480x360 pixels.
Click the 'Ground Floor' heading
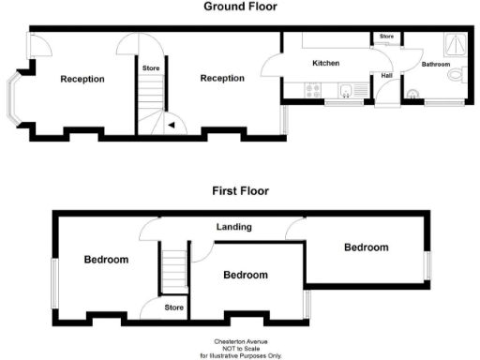pyautogui.click(x=240, y=7)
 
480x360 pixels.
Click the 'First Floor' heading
pyautogui.click(x=240, y=190)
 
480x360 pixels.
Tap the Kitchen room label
pyautogui.click(x=325, y=64)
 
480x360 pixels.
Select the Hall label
pyautogui.click(x=386, y=75)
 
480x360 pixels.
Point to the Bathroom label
pyautogui.click(x=435, y=65)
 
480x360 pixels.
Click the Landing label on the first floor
pyautogui.click(x=232, y=228)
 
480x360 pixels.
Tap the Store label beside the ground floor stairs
pyautogui.click(x=150, y=68)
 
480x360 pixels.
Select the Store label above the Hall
pyautogui.click(x=386, y=37)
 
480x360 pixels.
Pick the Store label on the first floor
pyautogui.click(x=173, y=307)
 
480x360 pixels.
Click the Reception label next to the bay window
pyautogui.click(x=82, y=79)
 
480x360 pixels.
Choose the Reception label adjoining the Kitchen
pyautogui.click(x=222, y=78)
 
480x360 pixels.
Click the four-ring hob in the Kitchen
pyautogui.click(x=312, y=91)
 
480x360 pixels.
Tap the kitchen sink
pyautogui.click(x=344, y=91)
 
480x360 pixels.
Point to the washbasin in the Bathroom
pyautogui.click(x=414, y=92)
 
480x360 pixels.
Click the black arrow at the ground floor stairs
pyautogui.click(x=170, y=123)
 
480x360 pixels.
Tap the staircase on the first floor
pyautogui.click(x=173, y=267)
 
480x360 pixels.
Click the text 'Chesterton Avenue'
pyautogui.click(x=240, y=343)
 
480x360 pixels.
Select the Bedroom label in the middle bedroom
pyautogui.click(x=245, y=275)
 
